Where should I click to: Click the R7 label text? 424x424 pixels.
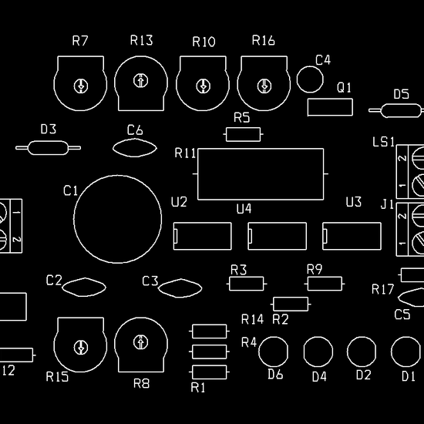pyautogui.click(x=80, y=41)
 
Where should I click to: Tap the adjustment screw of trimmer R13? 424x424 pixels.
pyautogui.click(x=141, y=81)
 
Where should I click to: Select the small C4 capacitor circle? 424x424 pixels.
pyautogui.click(x=310, y=79)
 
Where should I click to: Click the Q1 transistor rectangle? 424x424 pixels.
pyautogui.click(x=330, y=107)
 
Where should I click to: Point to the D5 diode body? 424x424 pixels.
pyautogui.click(x=402, y=110)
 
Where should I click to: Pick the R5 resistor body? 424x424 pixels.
pyautogui.click(x=244, y=134)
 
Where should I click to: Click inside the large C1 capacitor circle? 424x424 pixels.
pyautogui.click(x=118, y=219)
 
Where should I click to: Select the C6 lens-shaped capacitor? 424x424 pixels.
pyautogui.click(x=135, y=148)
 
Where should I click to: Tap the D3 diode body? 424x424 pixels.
pyautogui.click(x=49, y=148)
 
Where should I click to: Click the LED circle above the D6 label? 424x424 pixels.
pyautogui.click(x=274, y=352)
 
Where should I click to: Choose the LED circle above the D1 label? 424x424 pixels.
pyautogui.click(x=405, y=352)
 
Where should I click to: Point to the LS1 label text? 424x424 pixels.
pyautogui.click(x=383, y=142)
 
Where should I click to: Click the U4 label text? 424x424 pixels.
pyautogui.click(x=244, y=209)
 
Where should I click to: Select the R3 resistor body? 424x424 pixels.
pyautogui.click(x=247, y=284)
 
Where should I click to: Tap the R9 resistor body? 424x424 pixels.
pyautogui.click(x=325, y=284)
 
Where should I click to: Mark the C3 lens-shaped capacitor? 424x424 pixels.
pyautogui.click(x=180, y=288)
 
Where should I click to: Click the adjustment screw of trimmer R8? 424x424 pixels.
pyautogui.click(x=141, y=342)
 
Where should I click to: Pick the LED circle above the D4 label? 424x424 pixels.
pyautogui.click(x=318, y=352)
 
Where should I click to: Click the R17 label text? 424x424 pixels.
pyautogui.click(x=382, y=289)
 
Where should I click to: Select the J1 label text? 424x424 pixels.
pyautogui.click(x=387, y=204)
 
